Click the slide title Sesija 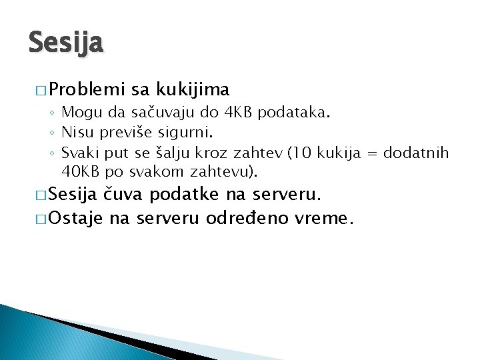66,43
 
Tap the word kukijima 193,89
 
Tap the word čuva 125,195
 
